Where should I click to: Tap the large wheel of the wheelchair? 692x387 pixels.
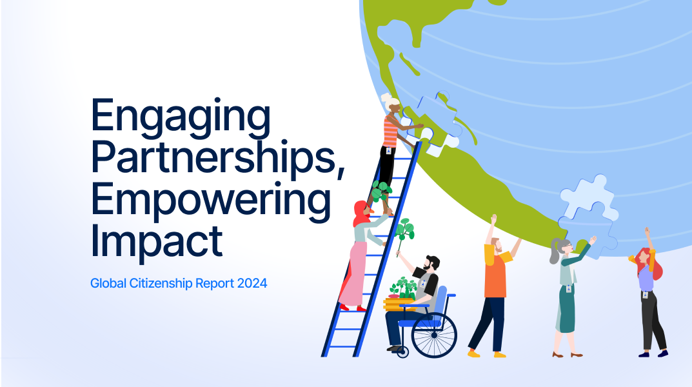[x=434, y=335]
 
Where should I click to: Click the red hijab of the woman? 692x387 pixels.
[x=361, y=215]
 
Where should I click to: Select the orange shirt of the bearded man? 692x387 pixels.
[x=495, y=274]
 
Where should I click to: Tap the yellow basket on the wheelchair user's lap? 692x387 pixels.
[x=399, y=303]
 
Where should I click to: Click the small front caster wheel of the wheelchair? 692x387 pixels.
[x=402, y=352]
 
